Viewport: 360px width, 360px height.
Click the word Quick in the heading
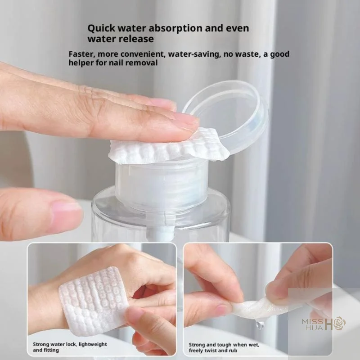point(100,28)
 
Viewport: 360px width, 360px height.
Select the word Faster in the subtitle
point(81,54)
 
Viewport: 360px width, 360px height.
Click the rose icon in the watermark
point(337,323)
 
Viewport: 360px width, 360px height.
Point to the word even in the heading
point(236,28)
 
